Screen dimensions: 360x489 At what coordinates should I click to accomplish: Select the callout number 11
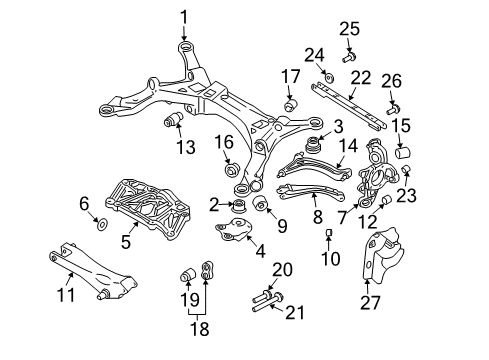point(67,296)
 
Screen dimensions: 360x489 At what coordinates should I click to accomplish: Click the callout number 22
point(360,76)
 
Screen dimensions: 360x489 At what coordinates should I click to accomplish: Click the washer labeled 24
point(328,75)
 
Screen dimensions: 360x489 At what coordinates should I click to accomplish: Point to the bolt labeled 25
point(349,56)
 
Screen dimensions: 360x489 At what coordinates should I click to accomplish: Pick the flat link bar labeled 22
point(345,101)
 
